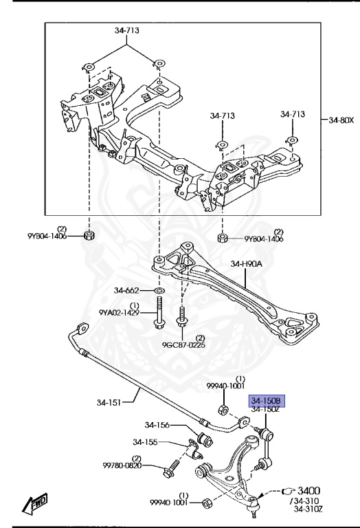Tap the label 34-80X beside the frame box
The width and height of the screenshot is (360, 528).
coord(341,120)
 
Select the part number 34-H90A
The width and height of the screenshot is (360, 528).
coord(246,264)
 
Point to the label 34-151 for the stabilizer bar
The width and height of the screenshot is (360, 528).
coord(109,402)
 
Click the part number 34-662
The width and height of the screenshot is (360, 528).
coord(126,290)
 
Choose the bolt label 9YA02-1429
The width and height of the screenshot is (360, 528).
coord(119,313)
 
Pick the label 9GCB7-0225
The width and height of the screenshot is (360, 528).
coord(183,345)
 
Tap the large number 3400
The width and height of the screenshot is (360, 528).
coord(309,491)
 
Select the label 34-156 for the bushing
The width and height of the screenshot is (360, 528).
coord(157,425)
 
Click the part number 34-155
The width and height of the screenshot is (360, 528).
coord(145,442)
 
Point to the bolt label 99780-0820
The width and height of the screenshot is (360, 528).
coord(122,465)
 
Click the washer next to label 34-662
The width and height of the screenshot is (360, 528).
coord(159,290)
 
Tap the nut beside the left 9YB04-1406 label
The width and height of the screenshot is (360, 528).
coord(89,235)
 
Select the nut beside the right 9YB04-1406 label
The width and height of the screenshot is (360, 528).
coord(222,238)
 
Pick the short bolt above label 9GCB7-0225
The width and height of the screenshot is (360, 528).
coord(181,317)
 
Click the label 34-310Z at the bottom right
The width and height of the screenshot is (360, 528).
coord(308,509)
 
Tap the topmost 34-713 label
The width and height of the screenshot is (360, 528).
coord(127,30)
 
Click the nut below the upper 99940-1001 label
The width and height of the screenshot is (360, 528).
coord(223,410)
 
